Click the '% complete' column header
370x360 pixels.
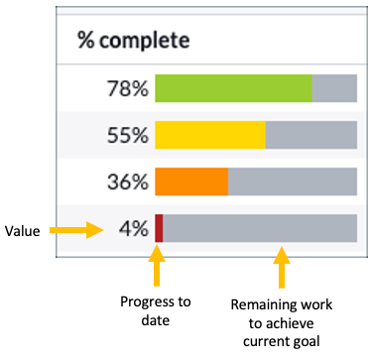click(x=133, y=41)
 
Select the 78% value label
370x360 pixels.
click(x=127, y=88)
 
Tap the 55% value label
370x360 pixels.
click(x=127, y=135)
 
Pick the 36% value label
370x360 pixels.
click(x=127, y=182)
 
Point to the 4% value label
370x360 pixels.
click(x=133, y=229)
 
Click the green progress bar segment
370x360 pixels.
click(x=233, y=88)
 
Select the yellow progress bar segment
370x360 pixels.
click(x=210, y=135)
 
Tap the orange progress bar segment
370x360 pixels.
click(x=191, y=182)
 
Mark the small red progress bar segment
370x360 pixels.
click(x=159, y=229)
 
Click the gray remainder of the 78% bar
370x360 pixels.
click(x=334, y=88)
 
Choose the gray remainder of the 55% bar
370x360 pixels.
click(x=311, y=135)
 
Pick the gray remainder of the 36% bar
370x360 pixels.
click(x=293, y=182)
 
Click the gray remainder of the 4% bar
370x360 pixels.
click(x=260, y=229)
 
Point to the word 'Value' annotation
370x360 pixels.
click(x=22, y=230)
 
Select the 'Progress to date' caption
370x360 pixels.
click(x=156, y=309)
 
